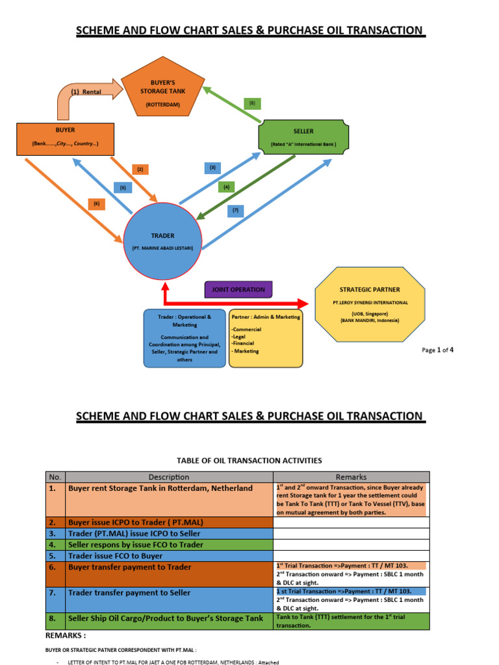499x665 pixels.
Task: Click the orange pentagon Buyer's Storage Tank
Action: point(163,94)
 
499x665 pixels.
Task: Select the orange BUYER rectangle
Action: point(65,138)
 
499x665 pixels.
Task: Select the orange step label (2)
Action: point(140,169)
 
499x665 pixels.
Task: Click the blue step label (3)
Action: point(212,168)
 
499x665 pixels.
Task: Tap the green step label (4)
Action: point(226,187)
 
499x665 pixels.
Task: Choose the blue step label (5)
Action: point(123,188)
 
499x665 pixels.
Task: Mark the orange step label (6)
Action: point(97,204)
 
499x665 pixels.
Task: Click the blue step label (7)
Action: point(235,210)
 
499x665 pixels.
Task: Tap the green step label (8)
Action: point(252,103)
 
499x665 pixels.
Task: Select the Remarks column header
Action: point(351,477)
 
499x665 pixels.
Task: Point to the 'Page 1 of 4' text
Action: point(437,350)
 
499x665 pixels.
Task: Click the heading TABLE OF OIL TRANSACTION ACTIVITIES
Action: point(249,460)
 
